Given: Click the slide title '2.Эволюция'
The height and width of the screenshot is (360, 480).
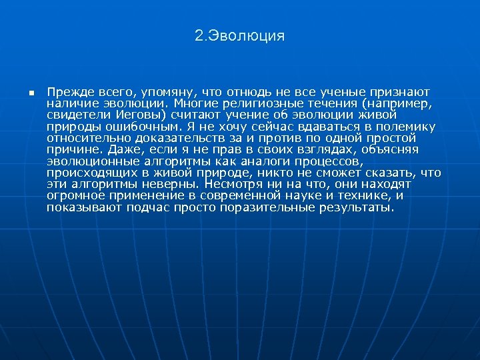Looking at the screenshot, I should (x=240, y=36).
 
